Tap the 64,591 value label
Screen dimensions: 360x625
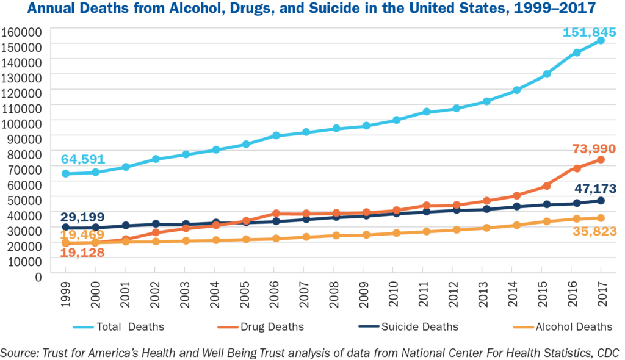click(x=83, y=160)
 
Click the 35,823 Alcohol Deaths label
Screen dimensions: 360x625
click(x=593, y=231)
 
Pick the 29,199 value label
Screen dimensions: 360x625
click(x=82, y=217)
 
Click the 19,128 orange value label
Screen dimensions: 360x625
click(x=83, y=252)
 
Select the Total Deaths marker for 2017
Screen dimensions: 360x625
click(x=601, y=40)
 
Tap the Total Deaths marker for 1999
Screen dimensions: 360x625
click(x=65, y=174)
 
